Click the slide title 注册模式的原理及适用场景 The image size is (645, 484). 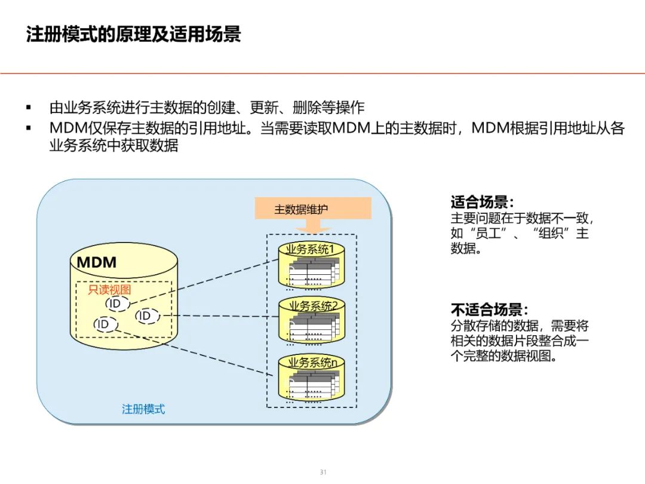coord(133,34)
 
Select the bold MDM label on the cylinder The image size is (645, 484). coord(97,262)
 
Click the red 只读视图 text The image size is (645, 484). coord(110,290)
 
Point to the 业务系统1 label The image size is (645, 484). coord(310,249)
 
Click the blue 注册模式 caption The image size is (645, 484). coord(143,409)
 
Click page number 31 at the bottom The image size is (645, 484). coord(323,472)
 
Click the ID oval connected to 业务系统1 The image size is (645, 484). coord(115,304)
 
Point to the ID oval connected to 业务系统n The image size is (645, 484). coord(103,324)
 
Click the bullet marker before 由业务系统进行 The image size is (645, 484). coord(28,108)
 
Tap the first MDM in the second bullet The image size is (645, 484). coord(68,128)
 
